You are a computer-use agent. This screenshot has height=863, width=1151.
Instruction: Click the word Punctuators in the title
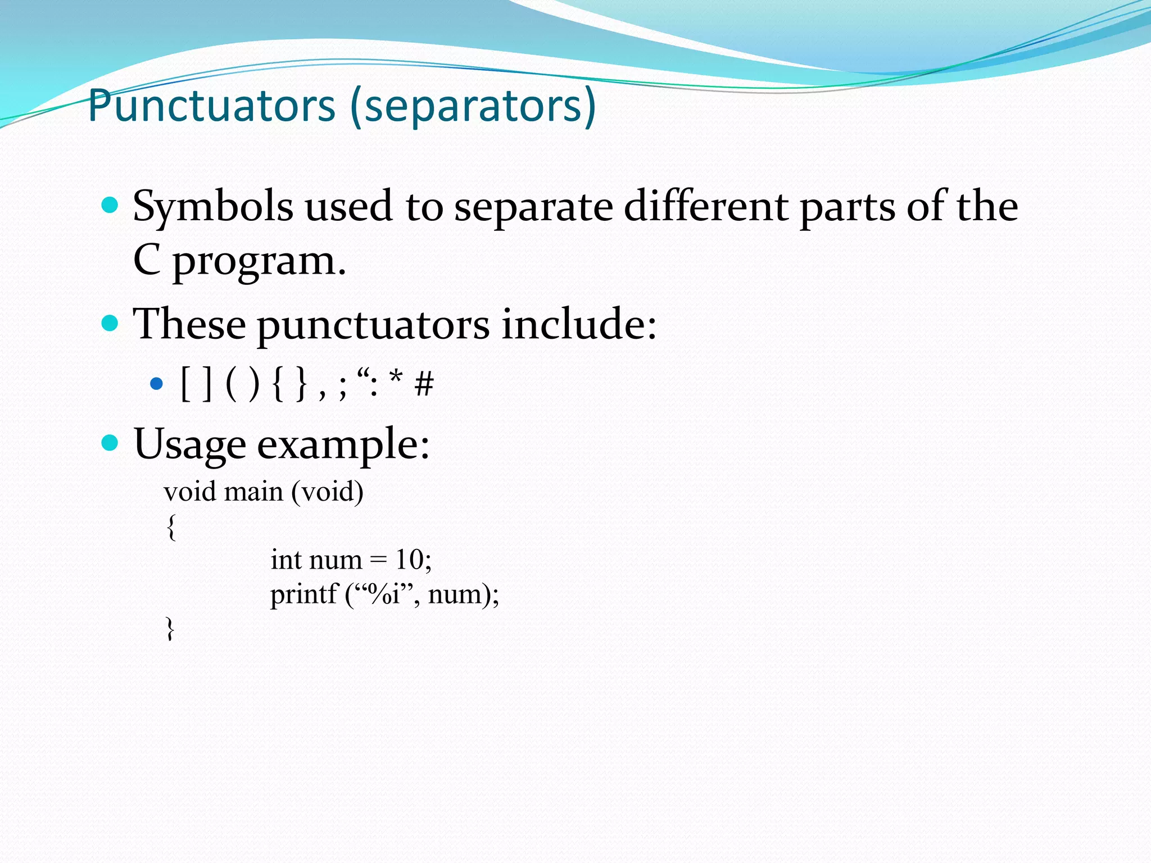212,106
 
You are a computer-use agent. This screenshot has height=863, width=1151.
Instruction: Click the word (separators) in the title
473,106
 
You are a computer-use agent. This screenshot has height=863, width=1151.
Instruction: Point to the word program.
259,262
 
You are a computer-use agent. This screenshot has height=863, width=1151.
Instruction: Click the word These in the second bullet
189,324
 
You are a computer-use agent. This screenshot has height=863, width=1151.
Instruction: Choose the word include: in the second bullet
579,324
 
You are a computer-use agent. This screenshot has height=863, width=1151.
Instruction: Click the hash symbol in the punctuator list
424,385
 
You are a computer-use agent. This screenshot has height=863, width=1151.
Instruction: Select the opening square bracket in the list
186,384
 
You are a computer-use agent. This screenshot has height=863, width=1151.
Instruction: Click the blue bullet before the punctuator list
156,385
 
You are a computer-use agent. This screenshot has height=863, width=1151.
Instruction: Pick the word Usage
190,444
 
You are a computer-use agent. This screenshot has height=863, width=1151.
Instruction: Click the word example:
343,444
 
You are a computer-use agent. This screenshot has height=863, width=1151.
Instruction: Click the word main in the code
254,492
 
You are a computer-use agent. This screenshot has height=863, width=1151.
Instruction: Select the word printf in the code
303,594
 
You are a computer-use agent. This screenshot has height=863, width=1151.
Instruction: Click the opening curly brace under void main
171,527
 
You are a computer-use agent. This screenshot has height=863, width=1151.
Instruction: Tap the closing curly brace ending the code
170,628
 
